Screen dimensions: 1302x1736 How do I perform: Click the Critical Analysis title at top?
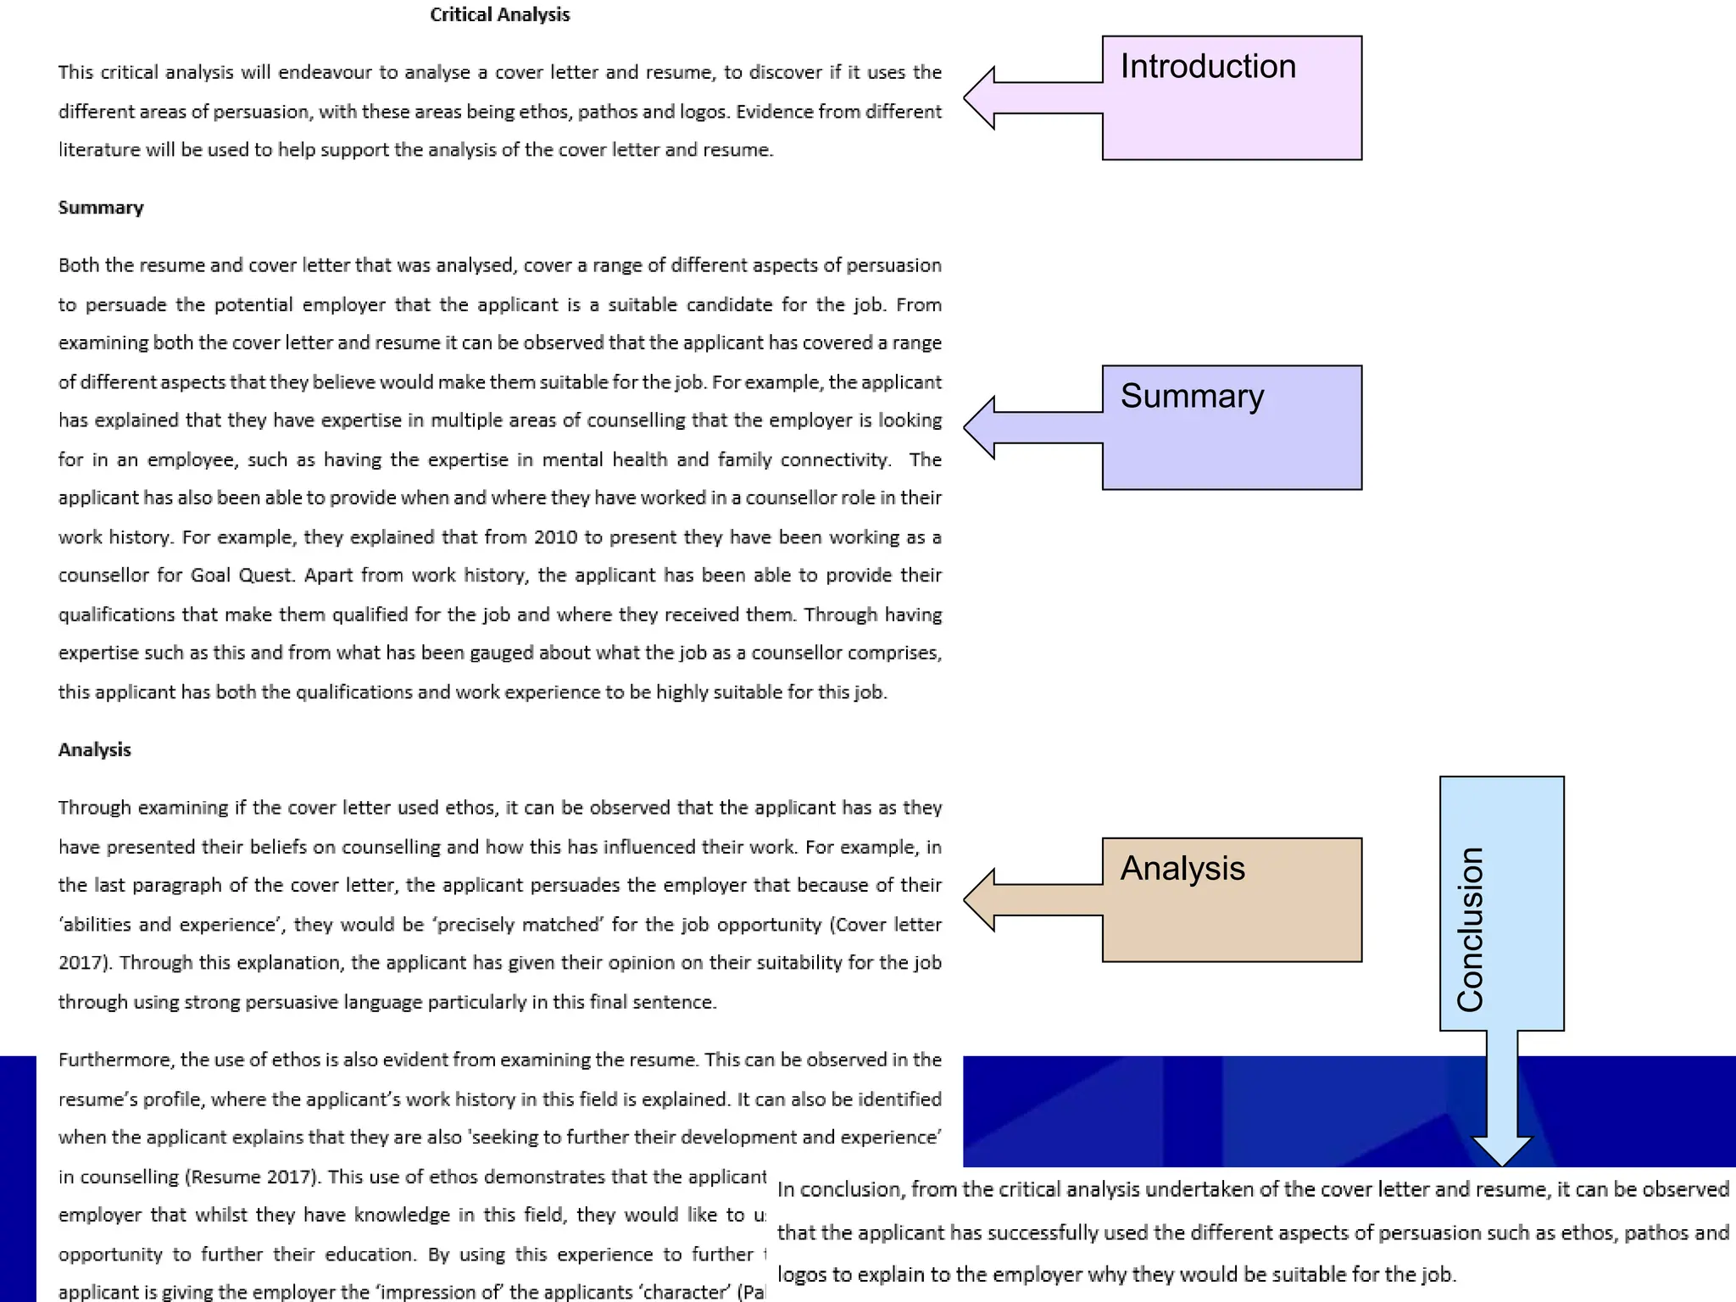pos(499,14)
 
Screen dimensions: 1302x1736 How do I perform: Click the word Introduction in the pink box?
pos(1208,66)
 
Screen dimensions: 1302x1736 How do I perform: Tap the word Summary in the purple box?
pos(1192,396)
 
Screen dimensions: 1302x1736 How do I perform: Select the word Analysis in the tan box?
pos(1182,868)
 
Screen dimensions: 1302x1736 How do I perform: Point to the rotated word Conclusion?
pos(1471,929)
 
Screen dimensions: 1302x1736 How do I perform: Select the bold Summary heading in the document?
pos(101,208)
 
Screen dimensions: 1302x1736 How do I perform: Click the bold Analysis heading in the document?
pos(94,749)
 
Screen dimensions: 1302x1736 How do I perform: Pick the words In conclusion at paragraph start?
pos(840,1189)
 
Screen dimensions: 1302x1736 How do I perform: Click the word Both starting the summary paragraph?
pos(78,265)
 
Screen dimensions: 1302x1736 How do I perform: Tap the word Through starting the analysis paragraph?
pos(94,808)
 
